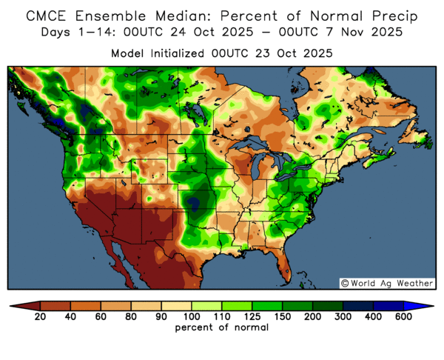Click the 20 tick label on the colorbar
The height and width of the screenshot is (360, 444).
(x=41, y=317)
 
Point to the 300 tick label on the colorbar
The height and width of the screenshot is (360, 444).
(x=342, y=317)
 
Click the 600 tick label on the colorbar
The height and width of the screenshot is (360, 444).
(x=403, y=317)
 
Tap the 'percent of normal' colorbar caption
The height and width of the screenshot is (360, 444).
(x=221, y=327)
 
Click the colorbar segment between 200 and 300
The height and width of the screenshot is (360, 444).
(x=326, y=305)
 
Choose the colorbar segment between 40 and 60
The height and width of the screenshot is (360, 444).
(x=86, y=305)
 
